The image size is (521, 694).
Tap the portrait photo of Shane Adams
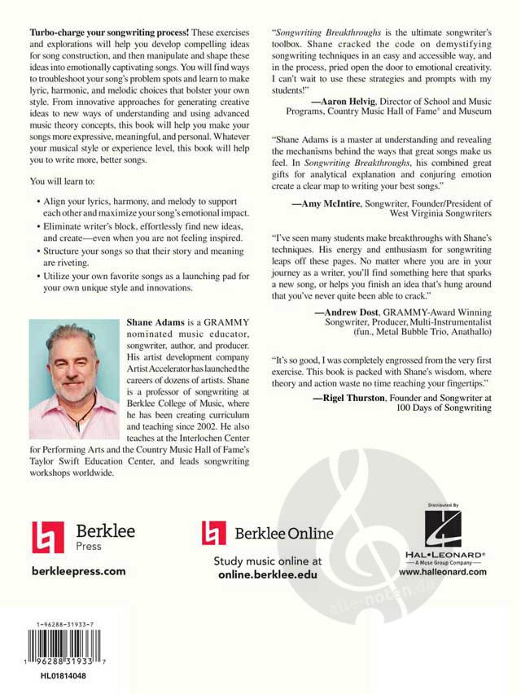click(x=74, y=379)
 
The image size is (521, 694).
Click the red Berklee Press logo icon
click(x=47, y=537)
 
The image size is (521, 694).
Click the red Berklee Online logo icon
click(x=214, y=533)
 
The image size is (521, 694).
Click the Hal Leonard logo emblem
click(x=443, y=532)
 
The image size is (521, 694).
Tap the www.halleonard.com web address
click(x=443, y=572)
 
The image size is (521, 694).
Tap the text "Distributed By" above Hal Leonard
click(x=443, y=506)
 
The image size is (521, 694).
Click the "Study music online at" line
click(x=268, y=561)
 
